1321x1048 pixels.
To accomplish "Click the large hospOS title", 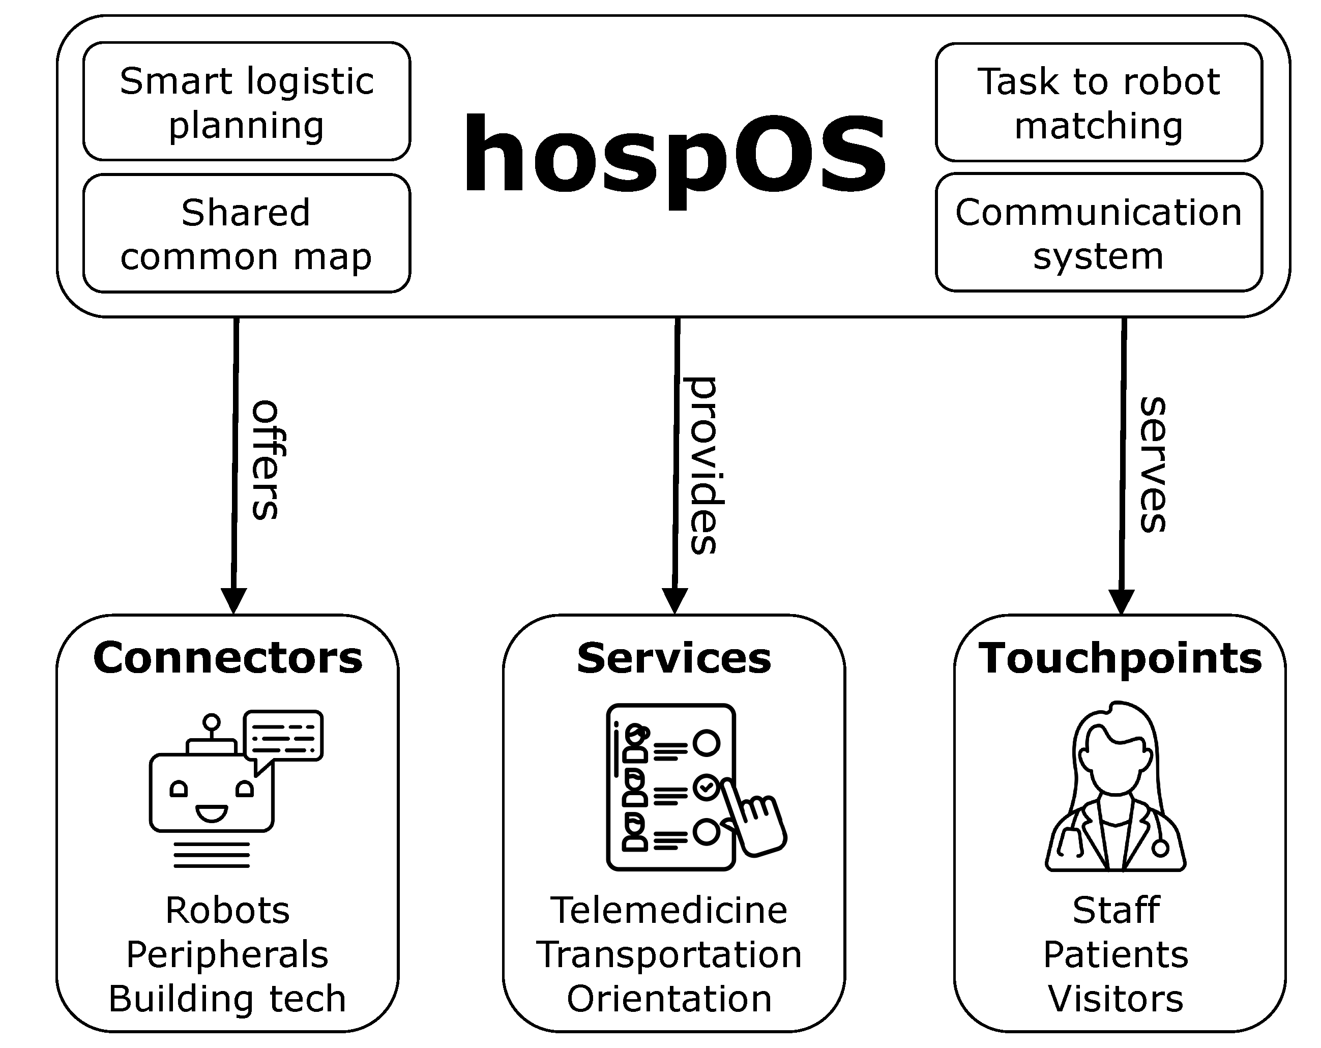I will coord(674,156).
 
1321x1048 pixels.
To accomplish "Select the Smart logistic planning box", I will coord(246,102).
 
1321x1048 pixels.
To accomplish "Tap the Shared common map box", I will coord(246,234).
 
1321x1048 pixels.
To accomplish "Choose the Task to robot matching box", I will coord(1098,102).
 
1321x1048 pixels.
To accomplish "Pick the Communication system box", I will coord(1098,233).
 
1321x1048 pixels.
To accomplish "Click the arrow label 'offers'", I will coord(267,460).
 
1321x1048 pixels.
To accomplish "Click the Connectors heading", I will coord(228,658).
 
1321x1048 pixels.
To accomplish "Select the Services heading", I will coord(674,658).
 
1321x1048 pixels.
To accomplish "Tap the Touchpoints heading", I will coord(1120,658).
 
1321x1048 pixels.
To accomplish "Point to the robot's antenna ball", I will coord(212,722).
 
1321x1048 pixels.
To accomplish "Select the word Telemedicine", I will coord(669,910).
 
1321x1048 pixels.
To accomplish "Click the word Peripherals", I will coord(228,954).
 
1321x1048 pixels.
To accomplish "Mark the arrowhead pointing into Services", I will coord(674,601).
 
